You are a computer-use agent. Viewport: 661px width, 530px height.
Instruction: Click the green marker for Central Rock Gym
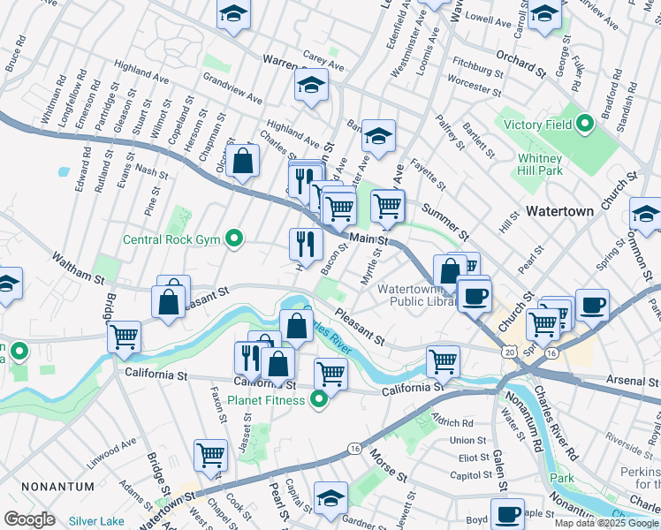click(x=234, y=238)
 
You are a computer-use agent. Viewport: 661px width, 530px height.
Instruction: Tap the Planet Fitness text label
click(x=267, y=400)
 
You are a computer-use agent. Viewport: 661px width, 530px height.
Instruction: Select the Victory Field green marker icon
click(x=584, y=125)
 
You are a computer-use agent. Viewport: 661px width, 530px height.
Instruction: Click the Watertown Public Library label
click(x=414, y=295)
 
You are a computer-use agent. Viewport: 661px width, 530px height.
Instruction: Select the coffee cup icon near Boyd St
click(x=507, y=514)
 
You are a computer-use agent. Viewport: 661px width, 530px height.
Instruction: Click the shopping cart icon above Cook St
click(x=211, y=455)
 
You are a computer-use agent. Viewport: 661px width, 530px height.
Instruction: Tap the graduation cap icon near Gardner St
click(x=330, y=498)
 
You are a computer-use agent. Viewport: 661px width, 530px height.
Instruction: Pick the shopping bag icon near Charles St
click(x=242, y=162)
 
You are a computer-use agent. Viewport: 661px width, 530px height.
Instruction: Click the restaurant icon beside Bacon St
click(x=306, y=242)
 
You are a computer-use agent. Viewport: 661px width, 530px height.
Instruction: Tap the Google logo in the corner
click(x=29, y=519)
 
